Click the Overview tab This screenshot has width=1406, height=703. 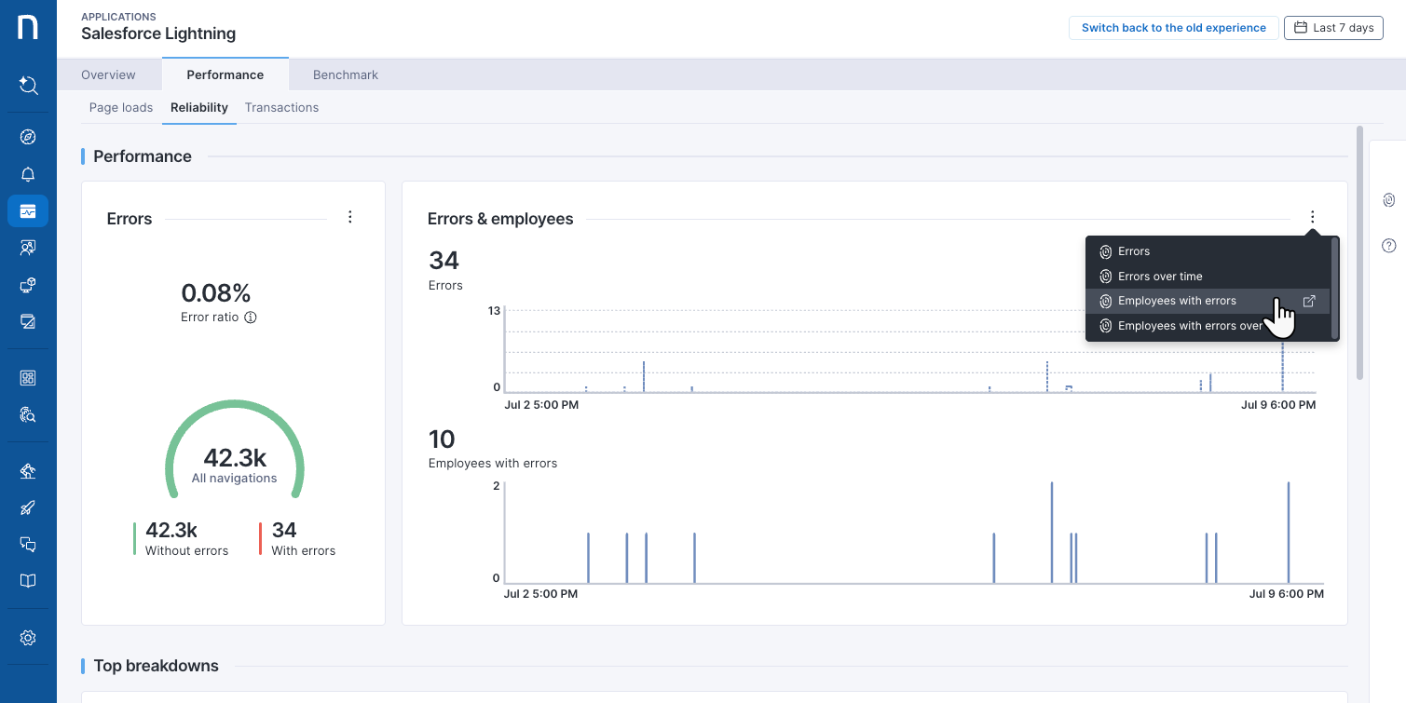[108, 74]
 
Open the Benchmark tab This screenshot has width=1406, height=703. [346, 74]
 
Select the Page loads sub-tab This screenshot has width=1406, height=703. [121, 107]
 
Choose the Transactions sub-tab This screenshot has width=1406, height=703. [281, 107]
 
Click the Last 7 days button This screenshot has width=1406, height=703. [1333, 28]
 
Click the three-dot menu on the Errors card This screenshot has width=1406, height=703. [350, 217]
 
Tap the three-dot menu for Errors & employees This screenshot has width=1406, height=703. [1312, 217]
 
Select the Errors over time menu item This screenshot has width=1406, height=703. [1160, 277]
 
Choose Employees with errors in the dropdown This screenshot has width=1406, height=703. [1177, 301]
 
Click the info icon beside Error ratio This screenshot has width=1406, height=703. [251, 318]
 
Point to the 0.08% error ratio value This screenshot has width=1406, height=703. [216, 293]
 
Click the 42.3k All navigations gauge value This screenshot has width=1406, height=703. [235, 457]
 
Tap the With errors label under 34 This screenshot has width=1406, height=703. [304, 550]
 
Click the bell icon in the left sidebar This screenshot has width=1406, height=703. [28, 175]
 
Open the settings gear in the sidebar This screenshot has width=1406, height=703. [28, 638]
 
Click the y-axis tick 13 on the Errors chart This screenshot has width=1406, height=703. [494, 311]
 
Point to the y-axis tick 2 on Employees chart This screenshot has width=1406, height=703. [497, 486]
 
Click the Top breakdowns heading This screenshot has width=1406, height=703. [157, 666]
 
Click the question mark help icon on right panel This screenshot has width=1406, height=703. [1388, 246]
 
